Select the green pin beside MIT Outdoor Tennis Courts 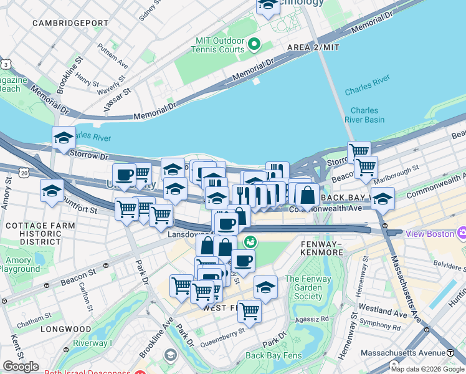pos(254,44)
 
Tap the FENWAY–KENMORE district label pos(321,247)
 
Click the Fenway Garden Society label pos(309,288)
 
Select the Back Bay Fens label pos(273,355)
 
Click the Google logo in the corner pos(21,367)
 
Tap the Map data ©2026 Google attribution pos(427,369)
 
